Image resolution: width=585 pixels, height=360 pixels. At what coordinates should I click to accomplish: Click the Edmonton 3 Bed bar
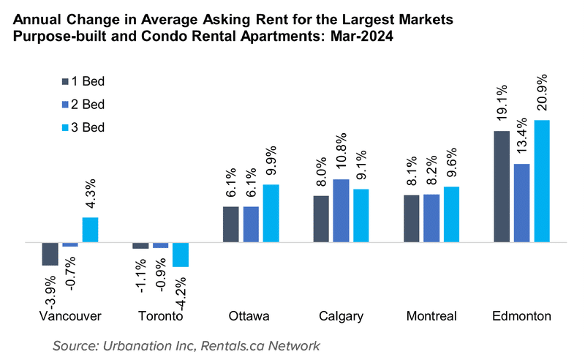(541, 181)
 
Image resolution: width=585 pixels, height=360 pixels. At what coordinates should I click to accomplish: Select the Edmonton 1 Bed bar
(502, 187)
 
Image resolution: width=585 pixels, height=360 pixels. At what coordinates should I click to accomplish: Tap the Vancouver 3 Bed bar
(90, 230)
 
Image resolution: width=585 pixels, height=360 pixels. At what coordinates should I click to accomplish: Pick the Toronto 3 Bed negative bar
(180, 254)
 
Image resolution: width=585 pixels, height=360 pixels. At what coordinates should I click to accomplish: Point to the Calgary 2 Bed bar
(341, 211)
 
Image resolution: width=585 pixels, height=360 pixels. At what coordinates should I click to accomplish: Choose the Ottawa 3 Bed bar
(271, 213)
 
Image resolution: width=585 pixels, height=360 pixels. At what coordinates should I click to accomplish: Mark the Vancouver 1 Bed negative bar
(50, 253)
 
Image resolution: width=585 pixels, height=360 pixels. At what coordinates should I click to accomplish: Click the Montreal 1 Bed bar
(412, 218)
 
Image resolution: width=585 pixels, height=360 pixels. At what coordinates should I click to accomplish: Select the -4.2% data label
(181, 290)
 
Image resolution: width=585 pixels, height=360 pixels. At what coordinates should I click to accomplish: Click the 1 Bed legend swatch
(65, 81)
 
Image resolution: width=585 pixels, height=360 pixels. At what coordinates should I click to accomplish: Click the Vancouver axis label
(69, 316)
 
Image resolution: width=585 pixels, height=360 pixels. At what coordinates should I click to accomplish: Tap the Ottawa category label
(249, 316)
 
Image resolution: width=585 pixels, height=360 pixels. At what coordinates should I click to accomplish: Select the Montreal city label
(431, 316)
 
